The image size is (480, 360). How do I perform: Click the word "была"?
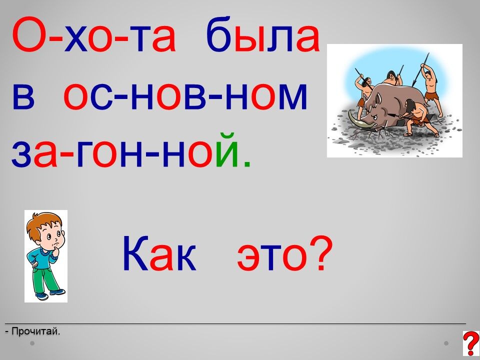[x=263, y=34]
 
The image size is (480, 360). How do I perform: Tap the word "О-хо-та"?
[x=94, y=34]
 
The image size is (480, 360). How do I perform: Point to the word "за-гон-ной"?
[x=125, y=150]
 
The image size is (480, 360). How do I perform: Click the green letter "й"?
[x=226, y=150]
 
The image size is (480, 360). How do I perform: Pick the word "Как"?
[x=159, y=254]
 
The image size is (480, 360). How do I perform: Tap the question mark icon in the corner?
[x=471, y=343]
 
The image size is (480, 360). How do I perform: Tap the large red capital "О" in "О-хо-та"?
[x=28, y=34]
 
